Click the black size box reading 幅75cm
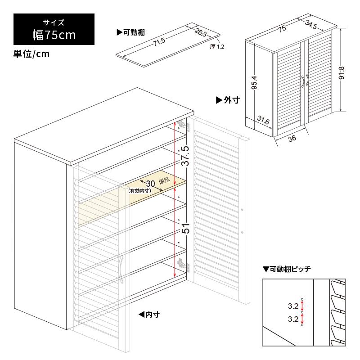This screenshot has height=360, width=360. point(54,28)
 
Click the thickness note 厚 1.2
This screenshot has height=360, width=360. point(216,46)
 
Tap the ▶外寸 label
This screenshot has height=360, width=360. point(227,99)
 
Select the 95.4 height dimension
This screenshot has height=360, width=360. point(254,82)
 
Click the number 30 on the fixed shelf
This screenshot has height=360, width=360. point(150,183)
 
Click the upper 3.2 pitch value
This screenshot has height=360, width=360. point(293,306)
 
